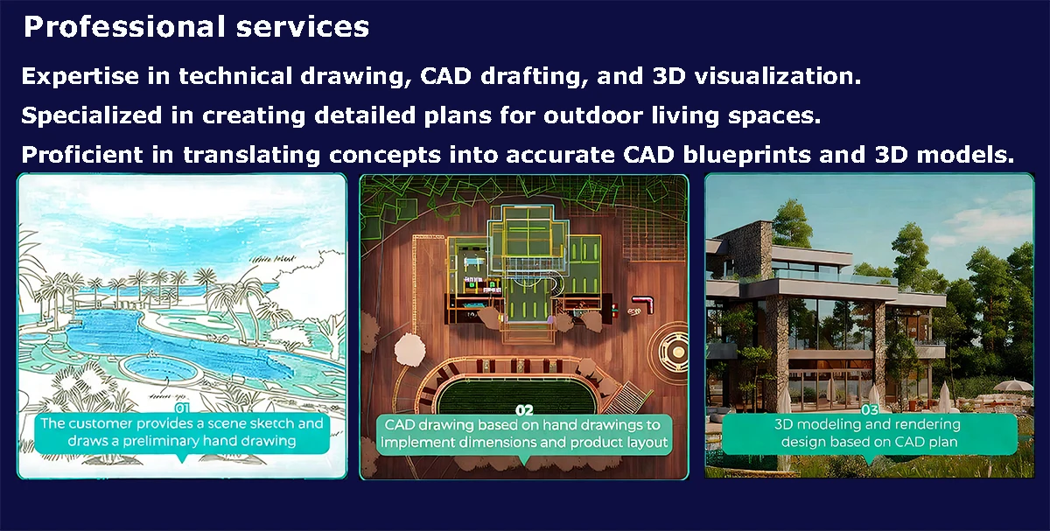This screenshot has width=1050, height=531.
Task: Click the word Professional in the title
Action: pyautogui.click(x=125, y=27)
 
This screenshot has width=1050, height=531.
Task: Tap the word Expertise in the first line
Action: pyautogui.click(x=80, y=77)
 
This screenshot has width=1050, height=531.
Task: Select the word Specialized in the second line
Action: pyautogui.click(x=91, y=116)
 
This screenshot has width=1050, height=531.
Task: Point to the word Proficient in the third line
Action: pyautogui.click(x=82, y=155)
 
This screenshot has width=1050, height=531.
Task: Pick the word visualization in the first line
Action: pyautogui.click(x=778, y=76)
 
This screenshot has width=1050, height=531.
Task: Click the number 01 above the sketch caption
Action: pyautogui.click(x=182, y=409)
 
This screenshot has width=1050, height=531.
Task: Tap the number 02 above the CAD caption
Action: pyautogui.click(x=524, y=410)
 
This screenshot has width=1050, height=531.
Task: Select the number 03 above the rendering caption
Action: pyautogui.click(x=870, y=410)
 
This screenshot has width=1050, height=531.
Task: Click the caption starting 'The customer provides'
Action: pyautogui.click(x=182, y=432)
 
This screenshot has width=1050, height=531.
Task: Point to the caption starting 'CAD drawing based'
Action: pyautogui.click(x=524, y=434)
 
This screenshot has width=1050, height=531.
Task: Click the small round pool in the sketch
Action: pyautogui.click(x=159, y=368)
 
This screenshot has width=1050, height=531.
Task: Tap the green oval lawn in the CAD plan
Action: pyautogui.click(x=515, y=396)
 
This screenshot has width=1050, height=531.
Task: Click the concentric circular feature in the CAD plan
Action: pyautogui.click(x=671, y=351)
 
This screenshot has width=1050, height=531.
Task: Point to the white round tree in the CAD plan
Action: pyautogui.click(x=410, y=350)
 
